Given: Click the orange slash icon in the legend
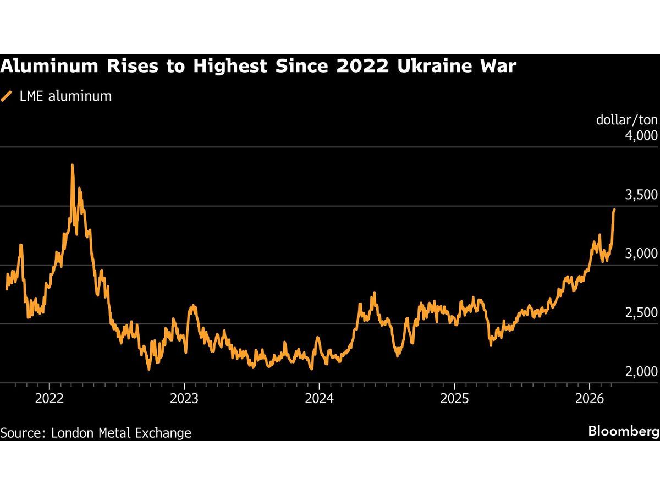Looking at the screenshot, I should tap(7, 96).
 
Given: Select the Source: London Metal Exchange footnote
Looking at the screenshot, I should tap(96, 433).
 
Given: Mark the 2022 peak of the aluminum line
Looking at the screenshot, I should tap(72, 165).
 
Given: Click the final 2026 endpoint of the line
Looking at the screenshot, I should tap(614, 210).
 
